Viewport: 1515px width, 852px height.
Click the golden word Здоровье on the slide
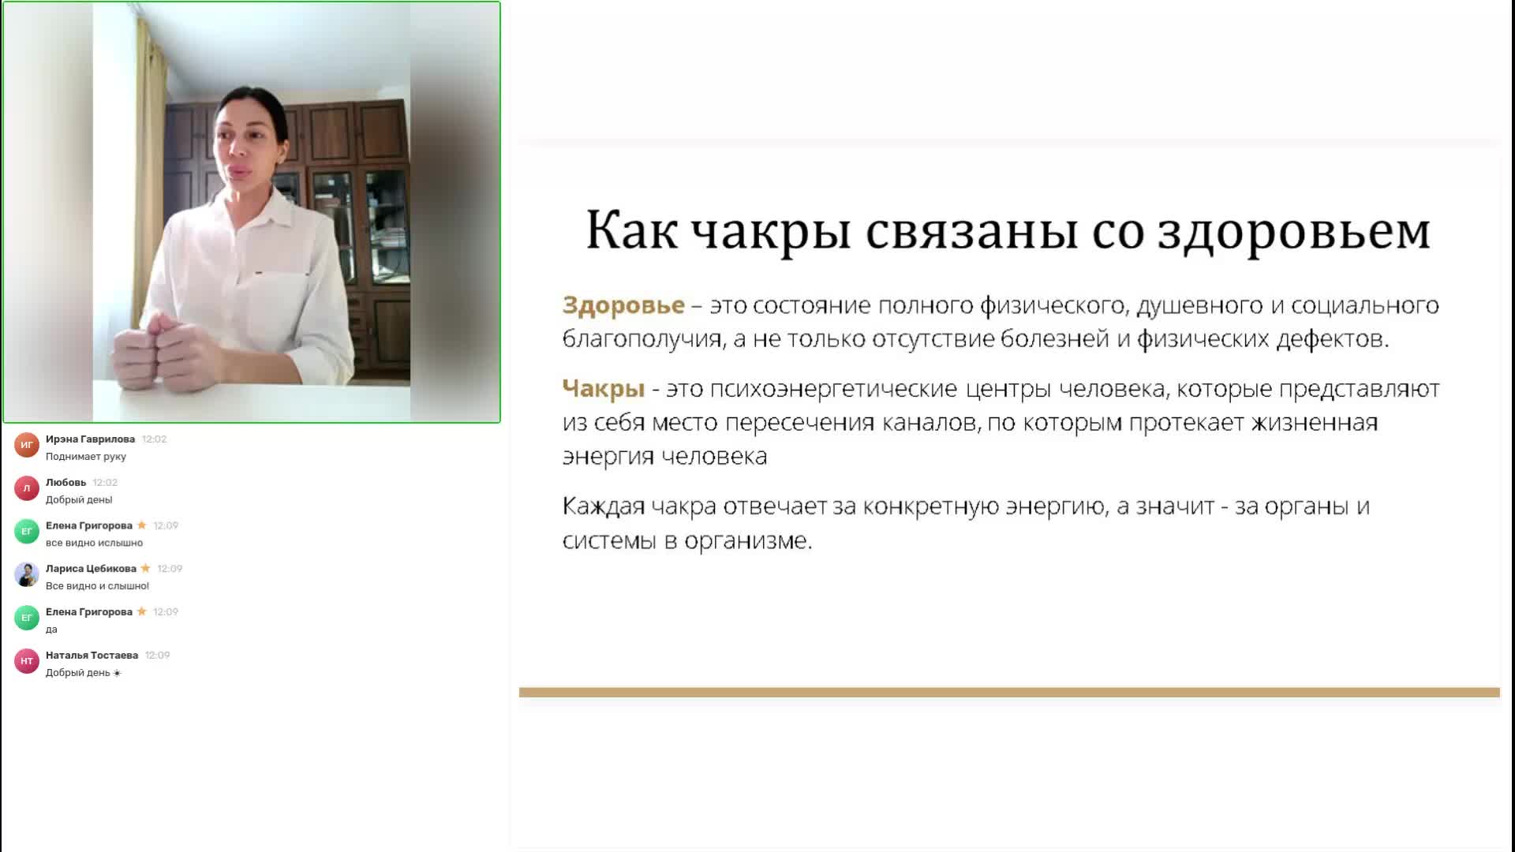coord(623,305)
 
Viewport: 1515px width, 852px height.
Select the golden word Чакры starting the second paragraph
coord(604,389)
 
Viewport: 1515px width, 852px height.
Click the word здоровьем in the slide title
coord(1293,232)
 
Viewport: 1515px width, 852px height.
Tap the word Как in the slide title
coord(631,230)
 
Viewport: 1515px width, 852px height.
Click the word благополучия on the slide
coord(642,339)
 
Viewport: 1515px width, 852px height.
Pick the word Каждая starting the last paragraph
coord(603,506)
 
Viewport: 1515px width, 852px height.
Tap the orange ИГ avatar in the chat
coord(27,445)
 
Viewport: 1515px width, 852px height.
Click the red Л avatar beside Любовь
coord(27,488)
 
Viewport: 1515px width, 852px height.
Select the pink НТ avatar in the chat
coord(27,661)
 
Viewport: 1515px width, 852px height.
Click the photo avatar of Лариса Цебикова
coord(27,574)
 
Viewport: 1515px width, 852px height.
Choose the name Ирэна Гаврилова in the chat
coord(90,439)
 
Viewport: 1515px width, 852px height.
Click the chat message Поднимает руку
coord(86,457)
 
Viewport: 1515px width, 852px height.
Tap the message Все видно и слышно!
coord(97,586)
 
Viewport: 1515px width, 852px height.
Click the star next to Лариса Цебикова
coord(145,568)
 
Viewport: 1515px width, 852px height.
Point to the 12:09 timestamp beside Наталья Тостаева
coord(158,656)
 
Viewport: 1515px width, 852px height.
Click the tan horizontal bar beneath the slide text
coord(1009,693)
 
